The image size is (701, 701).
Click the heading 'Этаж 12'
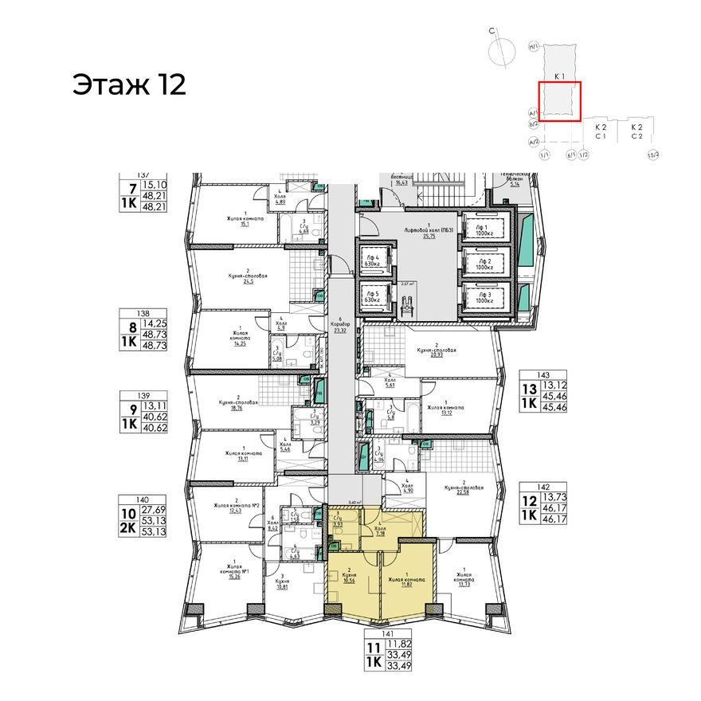[x=129, y=84]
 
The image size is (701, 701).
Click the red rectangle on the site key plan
[x=559, y=101]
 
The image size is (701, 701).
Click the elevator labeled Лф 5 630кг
[x=373, y=296]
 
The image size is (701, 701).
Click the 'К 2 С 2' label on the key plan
[x=637, y=132]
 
